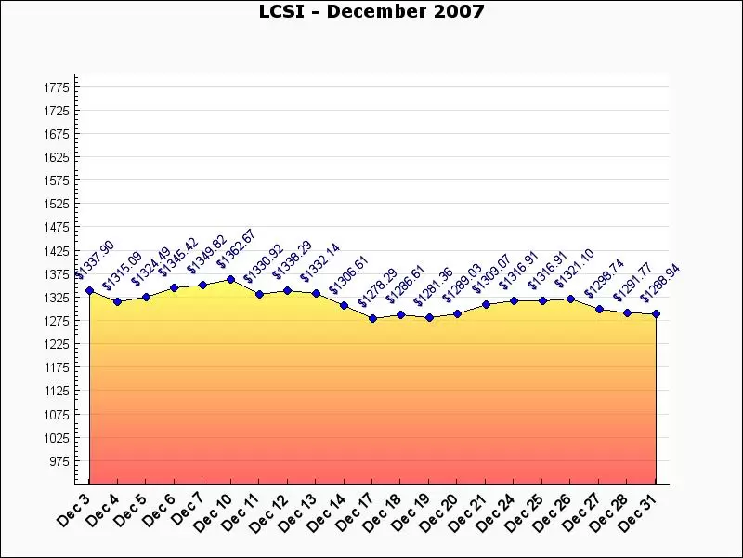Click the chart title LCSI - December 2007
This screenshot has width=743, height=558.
371,11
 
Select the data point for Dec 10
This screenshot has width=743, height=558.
231,279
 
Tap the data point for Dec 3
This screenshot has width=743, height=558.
89,290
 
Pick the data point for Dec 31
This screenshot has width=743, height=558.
656,313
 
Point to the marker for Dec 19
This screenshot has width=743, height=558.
429,317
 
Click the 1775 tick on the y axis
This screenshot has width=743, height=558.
57,87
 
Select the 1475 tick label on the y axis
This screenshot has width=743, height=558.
57,227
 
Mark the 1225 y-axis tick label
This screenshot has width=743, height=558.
57,344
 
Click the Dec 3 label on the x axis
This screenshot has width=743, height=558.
75,509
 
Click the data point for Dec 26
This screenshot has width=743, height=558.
570,299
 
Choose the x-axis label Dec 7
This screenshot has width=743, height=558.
189,509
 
